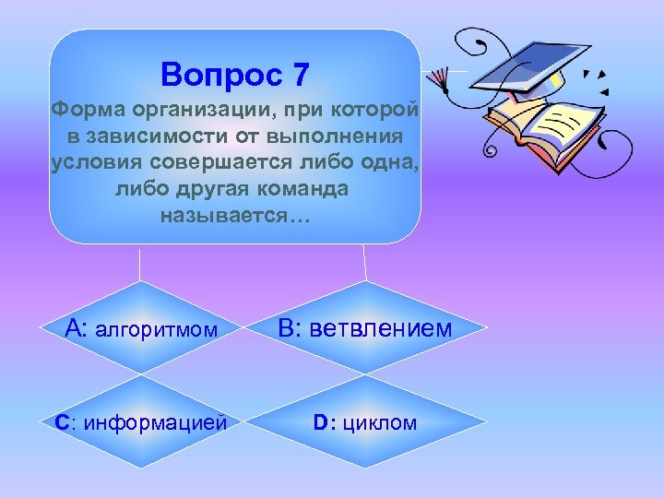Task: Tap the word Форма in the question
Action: pos(83,112)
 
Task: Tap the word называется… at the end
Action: pos(236,218)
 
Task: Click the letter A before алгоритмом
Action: pos(76,328)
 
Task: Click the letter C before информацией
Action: pos(61,423)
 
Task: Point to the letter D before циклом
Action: pos(320,423)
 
